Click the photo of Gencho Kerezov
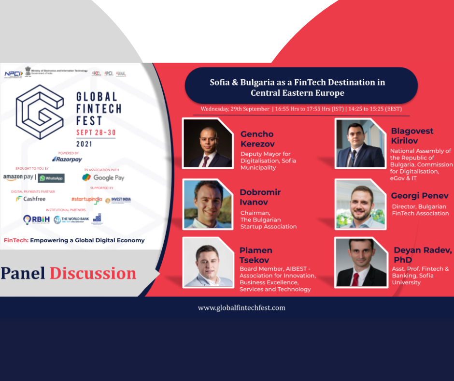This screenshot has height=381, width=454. coord(208,143)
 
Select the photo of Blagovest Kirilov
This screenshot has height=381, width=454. coord(360,143)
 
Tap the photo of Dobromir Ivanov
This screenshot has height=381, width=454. coord(208,204)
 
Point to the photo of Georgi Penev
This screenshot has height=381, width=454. coord(360,204)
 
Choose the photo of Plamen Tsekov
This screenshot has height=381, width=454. coord(208,263)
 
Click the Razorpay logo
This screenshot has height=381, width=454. coord(67,159)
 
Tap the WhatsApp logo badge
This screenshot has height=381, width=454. coord(51,178)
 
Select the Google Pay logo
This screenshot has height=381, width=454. coord(103,177)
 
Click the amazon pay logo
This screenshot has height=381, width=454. coord(18,177)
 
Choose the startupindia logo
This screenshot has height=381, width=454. coord(86,199)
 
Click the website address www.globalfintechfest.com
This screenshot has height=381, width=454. coord(241,308)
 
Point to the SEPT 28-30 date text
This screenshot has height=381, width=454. coord(96,132)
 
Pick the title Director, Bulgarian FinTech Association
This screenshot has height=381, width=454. coord(419,210)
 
